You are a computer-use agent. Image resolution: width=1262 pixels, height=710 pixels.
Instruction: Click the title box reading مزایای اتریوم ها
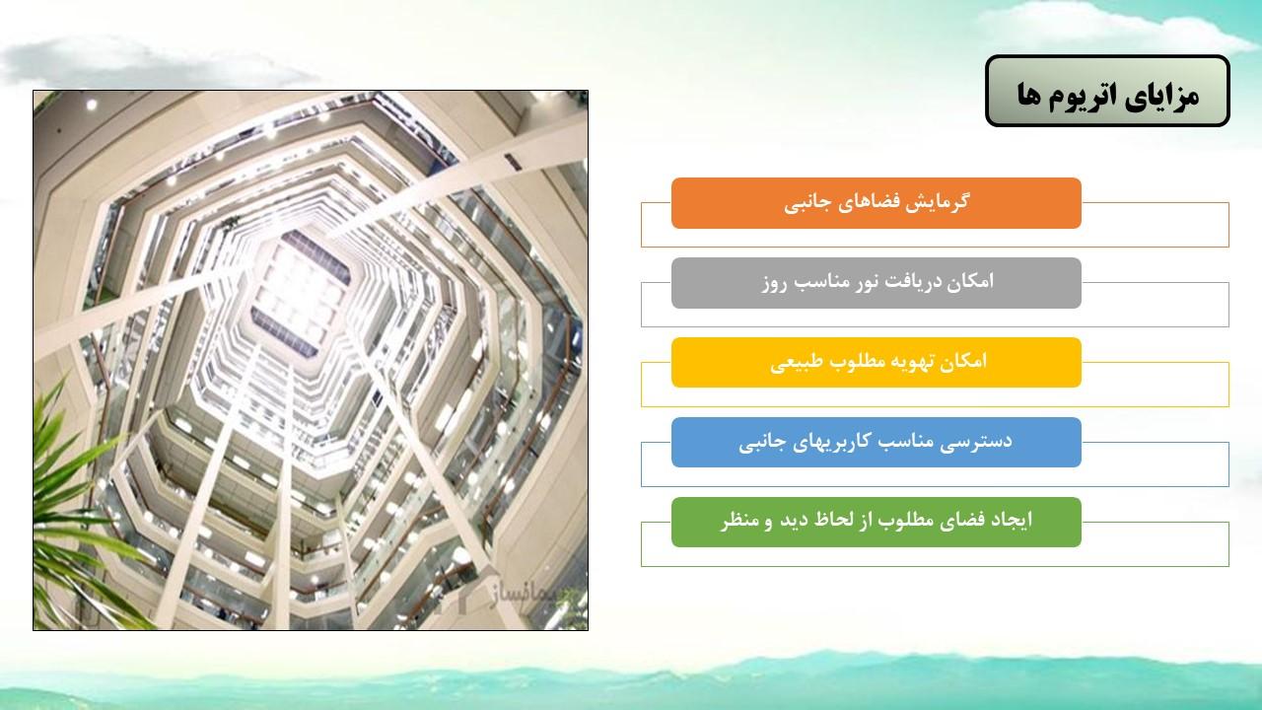tap(1107, 91)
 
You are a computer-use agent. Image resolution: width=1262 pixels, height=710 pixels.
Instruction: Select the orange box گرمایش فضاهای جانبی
tap(876, 203)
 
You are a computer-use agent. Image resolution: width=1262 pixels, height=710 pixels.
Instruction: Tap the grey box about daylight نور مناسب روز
tap(876, 283)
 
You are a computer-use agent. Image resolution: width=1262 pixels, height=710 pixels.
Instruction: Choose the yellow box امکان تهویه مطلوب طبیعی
tap(876, 362)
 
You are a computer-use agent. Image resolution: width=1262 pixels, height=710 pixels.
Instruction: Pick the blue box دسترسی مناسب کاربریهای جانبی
tap(876, 443)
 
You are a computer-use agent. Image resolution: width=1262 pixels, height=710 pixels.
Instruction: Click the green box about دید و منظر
tap(876, 522)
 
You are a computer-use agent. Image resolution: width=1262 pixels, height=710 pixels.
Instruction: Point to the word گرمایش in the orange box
tap(941, 202)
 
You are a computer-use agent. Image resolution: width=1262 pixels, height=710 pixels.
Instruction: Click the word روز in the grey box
tap(774, 283)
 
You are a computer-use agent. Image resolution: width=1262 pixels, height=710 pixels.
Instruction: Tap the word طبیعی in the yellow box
tap(790, 362)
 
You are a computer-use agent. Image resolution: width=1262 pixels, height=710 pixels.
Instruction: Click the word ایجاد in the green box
tap(1011, 520)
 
